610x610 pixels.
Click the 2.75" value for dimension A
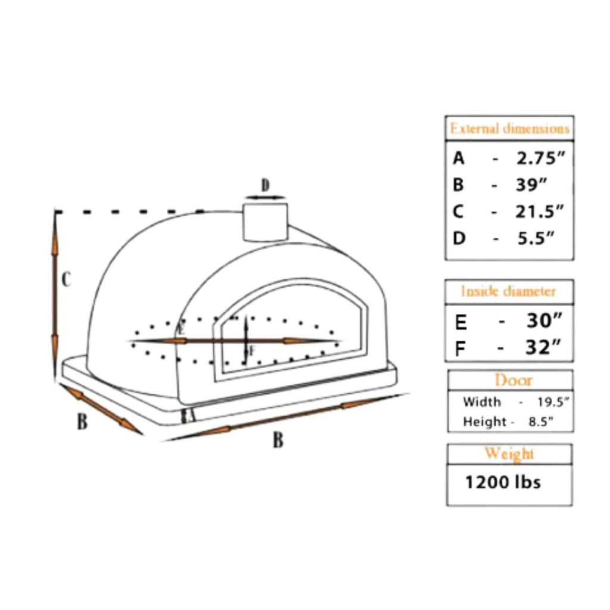pos(540,158)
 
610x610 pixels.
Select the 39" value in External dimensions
pos(531,185)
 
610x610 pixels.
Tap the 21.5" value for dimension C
pos(539,211)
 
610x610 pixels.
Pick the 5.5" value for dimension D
pos(535,238)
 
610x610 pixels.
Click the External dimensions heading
pos(509,129)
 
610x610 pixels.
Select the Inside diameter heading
pos(508,291)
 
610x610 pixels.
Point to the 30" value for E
pos(544,322)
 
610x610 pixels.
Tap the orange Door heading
pos(513,380)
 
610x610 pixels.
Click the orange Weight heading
pos(509,454)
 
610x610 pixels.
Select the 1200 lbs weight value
pos(503,481)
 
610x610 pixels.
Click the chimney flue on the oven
pos(264,222)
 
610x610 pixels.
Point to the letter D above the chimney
pos(266,185)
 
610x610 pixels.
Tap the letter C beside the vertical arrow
pos(67,279)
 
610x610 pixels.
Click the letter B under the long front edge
pos(278,441)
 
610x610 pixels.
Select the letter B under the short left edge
pos(82,422)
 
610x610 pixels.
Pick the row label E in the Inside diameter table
pos(460,322)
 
